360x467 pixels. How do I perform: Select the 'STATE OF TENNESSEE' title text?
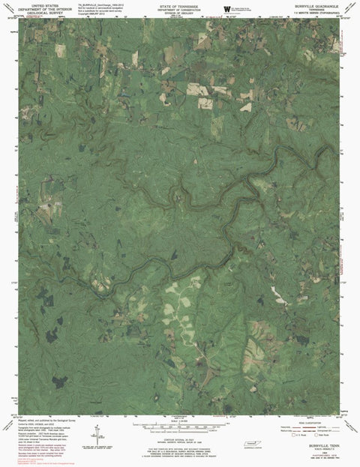pyautogui.click(x=179, y=4)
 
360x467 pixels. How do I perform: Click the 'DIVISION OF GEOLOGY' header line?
pyautogui.click(x=179, y=12)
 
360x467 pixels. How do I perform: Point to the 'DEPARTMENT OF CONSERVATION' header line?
pyautogui.click(x=179, y=8)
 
